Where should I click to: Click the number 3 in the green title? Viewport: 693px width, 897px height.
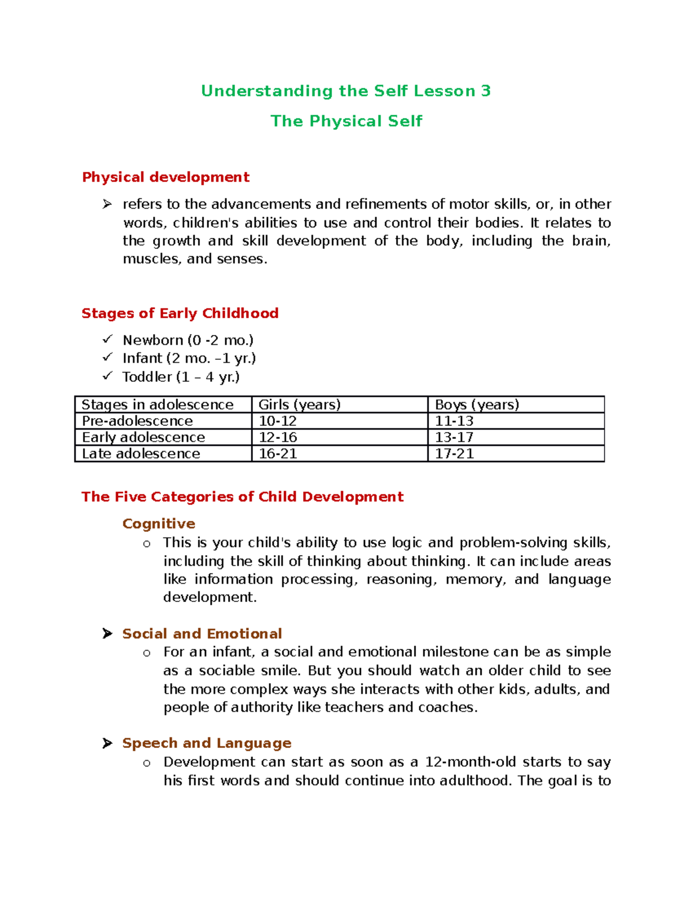tap(485, 91)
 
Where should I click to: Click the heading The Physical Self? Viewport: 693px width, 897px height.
tap(346, 121)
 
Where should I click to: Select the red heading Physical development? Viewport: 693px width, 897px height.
tap(166, 177)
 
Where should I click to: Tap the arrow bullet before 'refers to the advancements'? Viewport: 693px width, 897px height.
tap(107, 204)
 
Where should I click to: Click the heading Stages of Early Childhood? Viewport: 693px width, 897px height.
tap(180, 314)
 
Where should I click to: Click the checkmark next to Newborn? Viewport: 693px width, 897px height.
tap(107, 340)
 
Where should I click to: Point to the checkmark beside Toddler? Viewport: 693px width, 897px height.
tap(107, 376)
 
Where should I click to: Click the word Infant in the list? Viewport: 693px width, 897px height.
tap(142, 359)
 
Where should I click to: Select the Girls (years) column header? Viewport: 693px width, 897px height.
tap(299, 405)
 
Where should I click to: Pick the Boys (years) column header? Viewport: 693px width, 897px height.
tap(477, 405)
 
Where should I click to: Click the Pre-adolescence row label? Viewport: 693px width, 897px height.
tap(137, 421)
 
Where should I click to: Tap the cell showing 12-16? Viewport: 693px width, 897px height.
tap(278, 437)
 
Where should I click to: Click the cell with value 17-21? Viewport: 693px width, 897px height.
tap(454, 454)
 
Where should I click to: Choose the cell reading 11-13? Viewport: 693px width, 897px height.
tap(454, 421)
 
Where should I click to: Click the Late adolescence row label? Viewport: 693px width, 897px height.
tap(141, 454)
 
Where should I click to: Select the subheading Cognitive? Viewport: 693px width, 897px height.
tap(159, 524)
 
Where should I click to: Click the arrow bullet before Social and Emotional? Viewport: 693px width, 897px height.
tap(107, 634)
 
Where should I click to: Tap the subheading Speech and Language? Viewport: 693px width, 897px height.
tap(207, 743)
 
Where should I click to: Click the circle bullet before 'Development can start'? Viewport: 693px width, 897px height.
tap(147, 763)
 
